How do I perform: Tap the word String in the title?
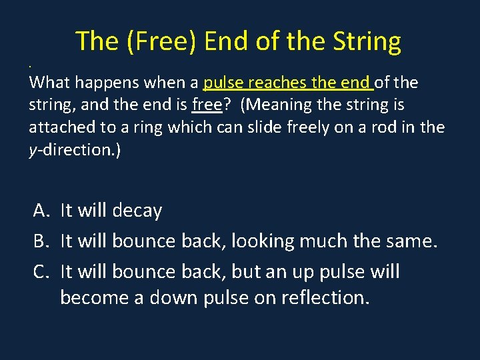pos(366,41)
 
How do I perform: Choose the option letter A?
pos(42,211)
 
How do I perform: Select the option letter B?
pos(42,241)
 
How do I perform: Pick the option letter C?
pos(42,272)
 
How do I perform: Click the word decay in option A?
pos(137,211)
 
